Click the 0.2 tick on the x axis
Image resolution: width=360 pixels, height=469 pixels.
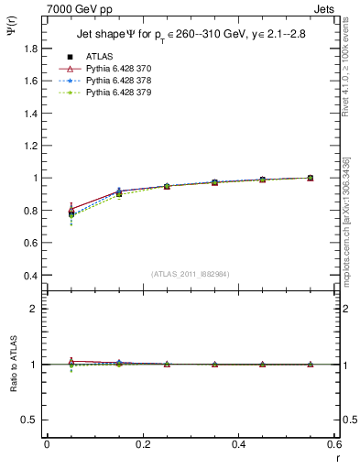[143, 445]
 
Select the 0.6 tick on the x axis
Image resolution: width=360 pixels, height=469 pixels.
[334, 445]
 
